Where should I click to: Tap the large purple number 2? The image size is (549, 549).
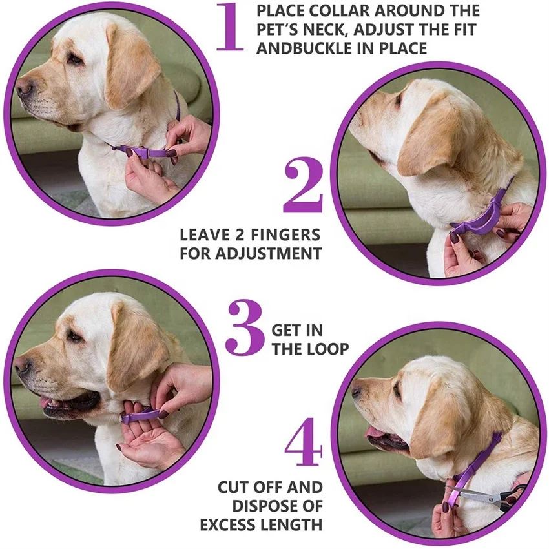[302, 187]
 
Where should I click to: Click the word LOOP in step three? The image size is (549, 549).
[329, 349]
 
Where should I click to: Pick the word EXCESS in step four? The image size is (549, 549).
[231, 524]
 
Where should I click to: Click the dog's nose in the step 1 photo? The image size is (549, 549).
[24, 87]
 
